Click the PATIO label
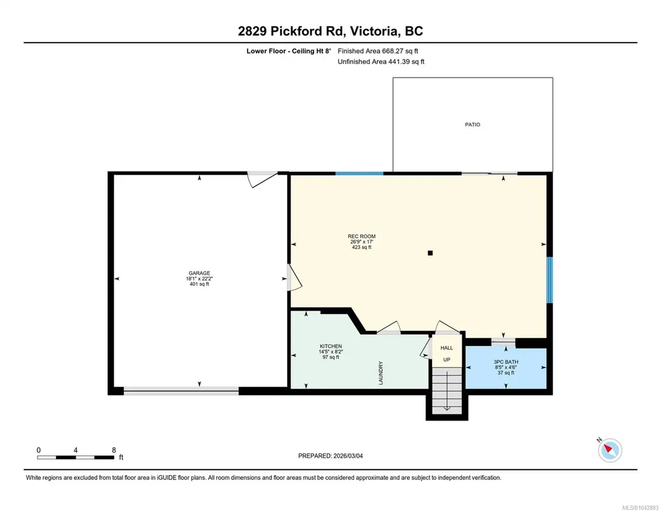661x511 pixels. point(473,125)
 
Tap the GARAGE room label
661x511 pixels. point(199,273)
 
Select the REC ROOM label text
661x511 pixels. point(362,237)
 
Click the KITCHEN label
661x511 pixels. point(331,346)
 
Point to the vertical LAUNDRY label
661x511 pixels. point(381,373)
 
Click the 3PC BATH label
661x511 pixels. point(506,362)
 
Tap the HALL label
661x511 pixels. point(447,348)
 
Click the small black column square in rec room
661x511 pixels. point(430,253)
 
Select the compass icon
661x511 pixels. point(609,450)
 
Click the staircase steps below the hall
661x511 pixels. point(447,390)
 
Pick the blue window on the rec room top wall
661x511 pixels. point(359,174)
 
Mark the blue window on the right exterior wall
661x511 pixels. point(549,280)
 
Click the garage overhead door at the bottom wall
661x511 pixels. point(181,391)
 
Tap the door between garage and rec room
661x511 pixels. point(294,277)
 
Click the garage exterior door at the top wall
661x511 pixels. point(262,179)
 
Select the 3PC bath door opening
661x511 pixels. point(504,342)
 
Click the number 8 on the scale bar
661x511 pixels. point(113,450)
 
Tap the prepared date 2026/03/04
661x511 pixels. point(348,456)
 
